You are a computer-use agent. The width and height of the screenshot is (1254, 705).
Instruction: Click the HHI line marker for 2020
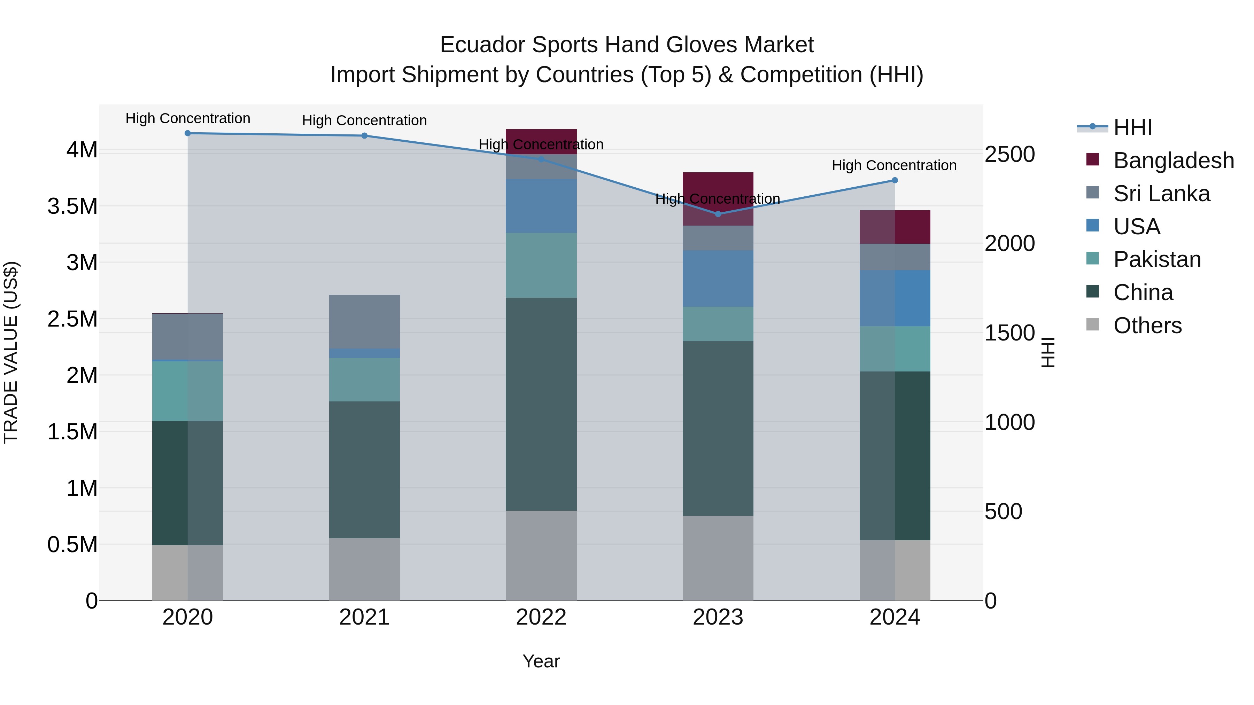coord(187,133)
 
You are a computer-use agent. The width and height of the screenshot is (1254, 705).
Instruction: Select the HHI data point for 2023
coord(718,214)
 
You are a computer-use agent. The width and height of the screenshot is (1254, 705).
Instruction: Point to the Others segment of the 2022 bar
coord(541,555)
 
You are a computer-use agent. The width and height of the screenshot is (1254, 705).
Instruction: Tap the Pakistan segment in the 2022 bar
coord(541,265)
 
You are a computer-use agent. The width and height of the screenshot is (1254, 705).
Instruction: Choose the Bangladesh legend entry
coord(1173,160)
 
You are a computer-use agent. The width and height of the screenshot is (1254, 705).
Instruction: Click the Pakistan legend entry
coord(1156,259)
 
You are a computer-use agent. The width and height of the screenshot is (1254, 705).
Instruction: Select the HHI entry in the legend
coord(1132,127)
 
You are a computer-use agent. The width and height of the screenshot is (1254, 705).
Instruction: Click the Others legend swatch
coord(1092,324)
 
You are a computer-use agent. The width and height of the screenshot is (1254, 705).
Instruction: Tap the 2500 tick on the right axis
coord(1009,155)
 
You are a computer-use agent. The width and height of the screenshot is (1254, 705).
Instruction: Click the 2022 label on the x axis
coord(541,617)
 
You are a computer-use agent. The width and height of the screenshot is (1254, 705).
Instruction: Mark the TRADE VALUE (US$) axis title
coord(11,352)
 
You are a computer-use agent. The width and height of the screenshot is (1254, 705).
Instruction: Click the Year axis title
coord(541,661)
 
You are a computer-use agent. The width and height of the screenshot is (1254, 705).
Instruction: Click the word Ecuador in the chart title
coord(482,45)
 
